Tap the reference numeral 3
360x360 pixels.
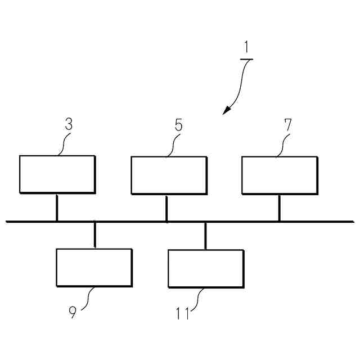tap(69, 124)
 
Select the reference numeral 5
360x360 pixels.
tap(178, 124)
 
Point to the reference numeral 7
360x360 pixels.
tap(287, 124)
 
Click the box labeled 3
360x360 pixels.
tap(57, 174)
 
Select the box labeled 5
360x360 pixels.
tap(168, 174)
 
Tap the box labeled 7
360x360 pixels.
tap(279, 174)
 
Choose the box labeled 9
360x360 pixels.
tap(94, 267)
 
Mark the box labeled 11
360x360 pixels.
tap(206, 268)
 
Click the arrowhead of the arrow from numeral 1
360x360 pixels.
tap(226, 111)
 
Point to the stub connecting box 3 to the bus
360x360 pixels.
tap(57, 207)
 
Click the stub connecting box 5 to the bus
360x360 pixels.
tap(166, 207)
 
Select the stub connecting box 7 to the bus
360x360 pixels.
tap(279, 207)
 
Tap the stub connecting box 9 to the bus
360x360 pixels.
tap(94, 235)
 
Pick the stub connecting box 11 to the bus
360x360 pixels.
tap(205, 235)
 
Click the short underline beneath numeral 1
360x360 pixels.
tap(246, 59)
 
